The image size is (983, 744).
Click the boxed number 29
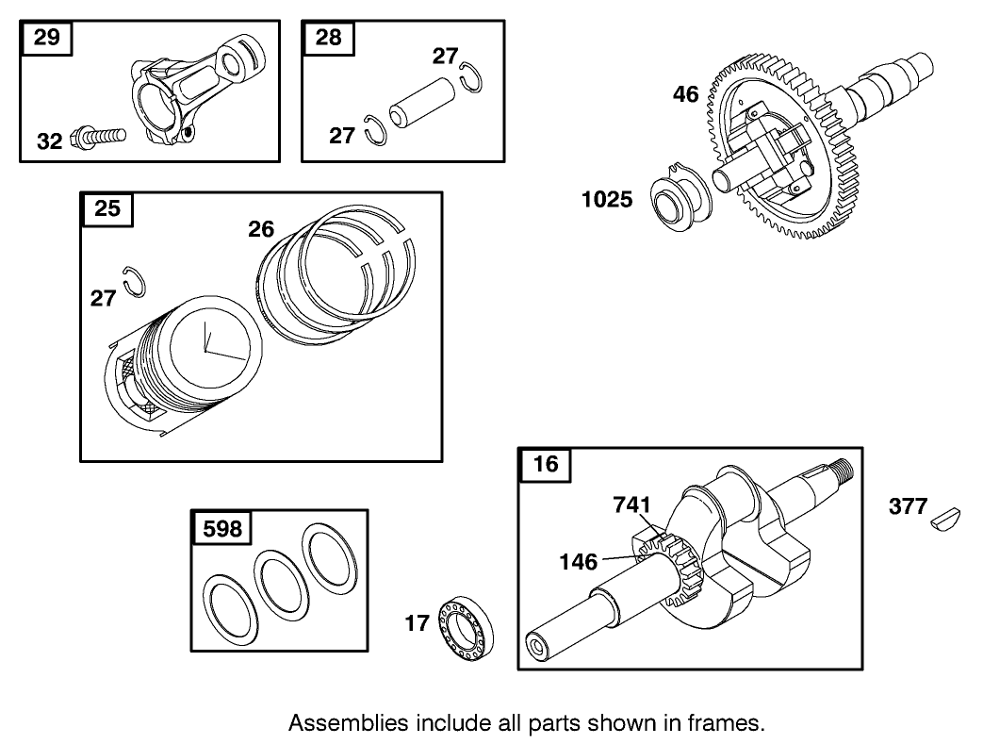(x=46, y=38)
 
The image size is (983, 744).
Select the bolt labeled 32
(x=98, y=138)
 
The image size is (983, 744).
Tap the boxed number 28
(x=328, y=38)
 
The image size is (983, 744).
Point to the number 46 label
(x=685, y=94)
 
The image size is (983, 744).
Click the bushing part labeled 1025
(x=681, y=200)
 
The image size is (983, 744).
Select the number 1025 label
(x=607, y=200)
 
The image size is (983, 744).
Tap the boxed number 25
(x=108, y=208)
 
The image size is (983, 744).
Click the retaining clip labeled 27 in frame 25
(x=136, y=280)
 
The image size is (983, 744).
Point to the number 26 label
(x=261, y=228)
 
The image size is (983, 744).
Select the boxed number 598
(x=222, y=529)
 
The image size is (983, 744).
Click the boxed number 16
(x=545, y=464)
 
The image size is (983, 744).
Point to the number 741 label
(x=631, y=504)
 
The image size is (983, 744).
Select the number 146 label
(x=578, y=562)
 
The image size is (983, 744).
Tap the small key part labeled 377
(x=945, y=516)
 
